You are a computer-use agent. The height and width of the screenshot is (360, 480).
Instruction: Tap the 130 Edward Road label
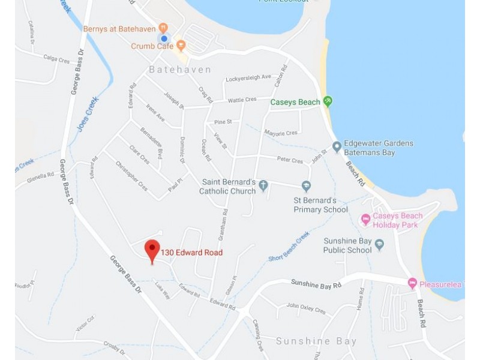(191, 253)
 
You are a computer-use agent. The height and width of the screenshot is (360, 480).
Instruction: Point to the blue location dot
(164, 38)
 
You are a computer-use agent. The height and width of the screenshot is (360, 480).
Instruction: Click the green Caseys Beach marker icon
(328, 101)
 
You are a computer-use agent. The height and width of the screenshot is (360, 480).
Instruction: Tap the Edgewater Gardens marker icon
(337, 146)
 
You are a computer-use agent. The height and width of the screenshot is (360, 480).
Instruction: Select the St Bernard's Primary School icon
(306, 186)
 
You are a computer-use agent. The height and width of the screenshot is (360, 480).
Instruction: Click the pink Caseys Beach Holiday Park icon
(365, 220)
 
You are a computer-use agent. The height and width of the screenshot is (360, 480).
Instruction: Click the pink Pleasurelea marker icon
(412, 283)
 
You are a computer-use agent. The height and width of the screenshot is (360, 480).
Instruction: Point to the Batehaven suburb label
(179, 70)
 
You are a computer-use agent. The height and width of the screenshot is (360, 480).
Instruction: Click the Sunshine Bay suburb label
(316, 341)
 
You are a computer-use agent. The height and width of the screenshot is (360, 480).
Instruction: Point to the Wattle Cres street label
(242, 99)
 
